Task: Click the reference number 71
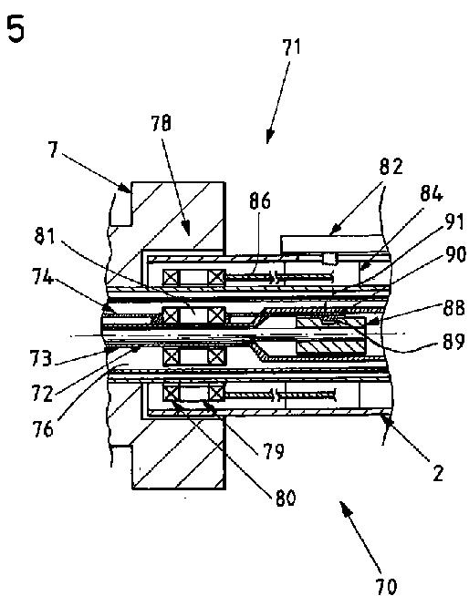coord(291,47)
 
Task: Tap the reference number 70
coord(386,586)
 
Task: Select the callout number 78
coord(161,124)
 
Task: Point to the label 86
coord(260,200)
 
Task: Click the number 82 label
coord(391,167)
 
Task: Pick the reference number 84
coord(432,194)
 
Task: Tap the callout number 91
coord(455,221)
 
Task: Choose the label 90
coord(455,254)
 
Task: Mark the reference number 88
coord(453,308)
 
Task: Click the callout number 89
coord(453,341)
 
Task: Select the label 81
coord(45,236)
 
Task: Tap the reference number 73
coord(41,359)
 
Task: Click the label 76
coord(42,429)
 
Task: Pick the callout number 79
coord(274,451)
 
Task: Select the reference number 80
coord(286,498)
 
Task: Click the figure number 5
coord(16,30)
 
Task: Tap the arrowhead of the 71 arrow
coord(269,138)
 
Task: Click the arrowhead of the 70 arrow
coord(343,507)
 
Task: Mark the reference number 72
coord(42,394)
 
